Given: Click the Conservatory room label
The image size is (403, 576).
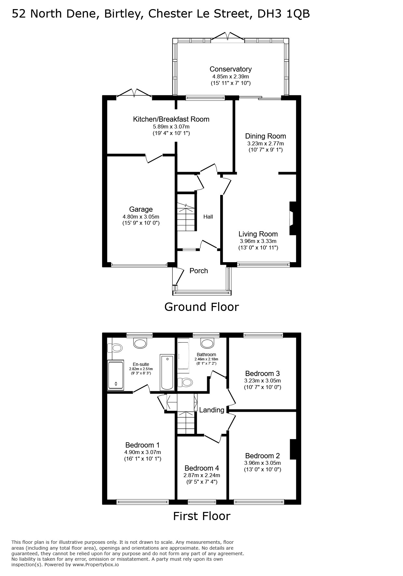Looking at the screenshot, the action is tap(230, 69).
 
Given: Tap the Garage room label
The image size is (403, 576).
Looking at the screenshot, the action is tap(141, 209).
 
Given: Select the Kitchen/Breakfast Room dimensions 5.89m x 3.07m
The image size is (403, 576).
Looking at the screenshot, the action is tap(171, 127).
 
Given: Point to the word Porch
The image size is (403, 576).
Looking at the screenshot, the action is tap(199, 271).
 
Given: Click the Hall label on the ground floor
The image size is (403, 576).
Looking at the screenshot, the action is tap(208, 217).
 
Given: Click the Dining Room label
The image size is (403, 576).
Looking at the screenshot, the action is tap(265, 136).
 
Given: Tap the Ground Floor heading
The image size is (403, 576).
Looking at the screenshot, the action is tap(202, 307).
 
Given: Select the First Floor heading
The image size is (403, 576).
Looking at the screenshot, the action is tap(202, 516).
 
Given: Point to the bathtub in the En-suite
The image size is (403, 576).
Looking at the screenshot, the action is tap(167, 372).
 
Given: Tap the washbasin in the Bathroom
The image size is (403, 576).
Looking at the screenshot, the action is tap(207, 343).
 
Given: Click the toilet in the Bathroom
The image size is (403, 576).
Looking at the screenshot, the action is tap(185, 382).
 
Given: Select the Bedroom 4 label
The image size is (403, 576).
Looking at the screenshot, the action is tap(202, 468).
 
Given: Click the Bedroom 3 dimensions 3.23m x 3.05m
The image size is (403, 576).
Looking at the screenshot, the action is tap(262, 381).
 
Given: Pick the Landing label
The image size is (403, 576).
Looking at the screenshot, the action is tap(212, 410).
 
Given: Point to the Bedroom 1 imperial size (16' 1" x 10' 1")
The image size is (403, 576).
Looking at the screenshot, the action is tap(142, 459).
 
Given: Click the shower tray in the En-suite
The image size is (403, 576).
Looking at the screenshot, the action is tap(115, 375).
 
